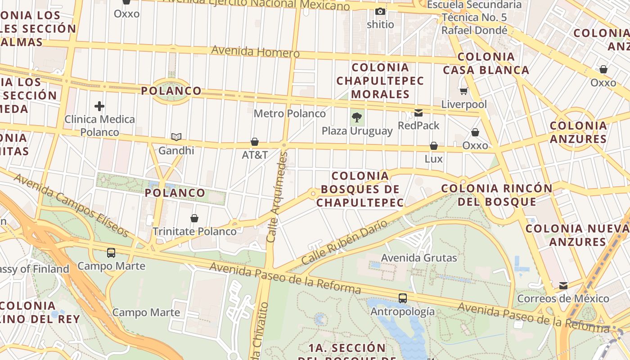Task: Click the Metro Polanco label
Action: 289,113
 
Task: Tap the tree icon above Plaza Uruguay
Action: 357,118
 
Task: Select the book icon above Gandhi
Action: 176,137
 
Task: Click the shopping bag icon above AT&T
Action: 255,142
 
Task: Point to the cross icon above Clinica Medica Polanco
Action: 99,106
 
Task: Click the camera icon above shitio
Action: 380,11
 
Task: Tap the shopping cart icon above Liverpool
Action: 463,91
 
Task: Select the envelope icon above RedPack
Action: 418,112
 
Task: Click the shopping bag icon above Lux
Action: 434,146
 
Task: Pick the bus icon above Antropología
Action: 402,298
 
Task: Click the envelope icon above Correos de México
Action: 563,286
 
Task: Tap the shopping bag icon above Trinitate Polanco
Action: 194,218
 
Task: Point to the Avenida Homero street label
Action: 255,51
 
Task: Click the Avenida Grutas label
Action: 419,258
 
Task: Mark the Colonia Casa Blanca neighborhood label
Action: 486,63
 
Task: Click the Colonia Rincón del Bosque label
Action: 497,195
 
